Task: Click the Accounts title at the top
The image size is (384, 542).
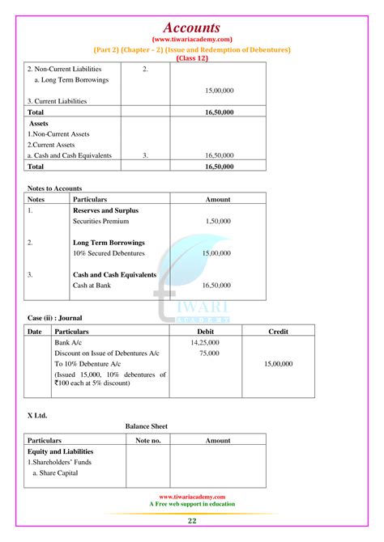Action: (192, 28)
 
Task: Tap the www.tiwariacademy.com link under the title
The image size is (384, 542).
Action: (192, 40)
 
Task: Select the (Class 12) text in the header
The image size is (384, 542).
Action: (192, 58)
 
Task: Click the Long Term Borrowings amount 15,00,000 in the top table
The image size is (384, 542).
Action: (220, 91)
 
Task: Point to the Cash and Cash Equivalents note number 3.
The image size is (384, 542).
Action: (145, 155)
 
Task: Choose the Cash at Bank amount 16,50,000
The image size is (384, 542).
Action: (218, 286)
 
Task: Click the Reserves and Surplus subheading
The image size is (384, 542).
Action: (105, 210)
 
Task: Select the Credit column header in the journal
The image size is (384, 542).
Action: (278, 332)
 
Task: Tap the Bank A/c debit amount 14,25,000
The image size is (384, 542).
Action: (205, 343)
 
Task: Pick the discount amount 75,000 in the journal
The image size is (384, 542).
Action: (208, 354)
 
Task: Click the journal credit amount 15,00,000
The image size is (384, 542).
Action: (278, 364)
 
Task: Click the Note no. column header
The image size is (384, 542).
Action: (148, 441)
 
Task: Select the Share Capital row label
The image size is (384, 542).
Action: (56, 472)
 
